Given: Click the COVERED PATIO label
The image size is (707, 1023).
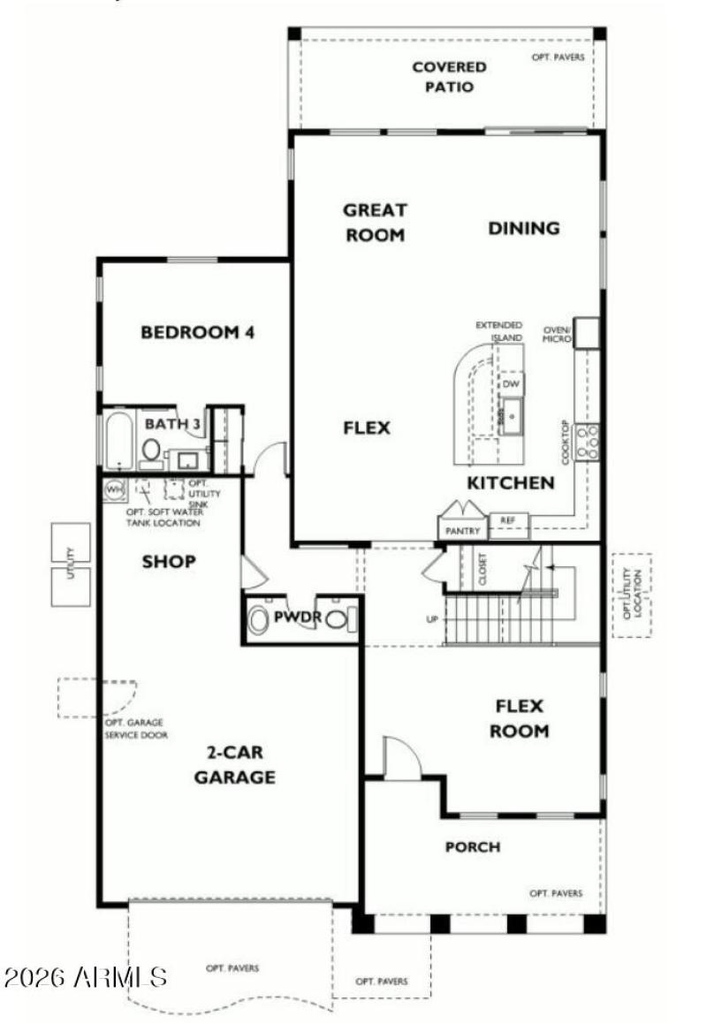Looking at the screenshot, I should [449, 77].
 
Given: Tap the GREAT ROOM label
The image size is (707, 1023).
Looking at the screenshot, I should [375, 223].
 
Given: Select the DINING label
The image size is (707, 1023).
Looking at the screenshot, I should [524, 228].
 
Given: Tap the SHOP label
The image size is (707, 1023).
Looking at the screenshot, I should [169, 562].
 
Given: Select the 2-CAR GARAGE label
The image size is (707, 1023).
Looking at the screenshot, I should [234, 765].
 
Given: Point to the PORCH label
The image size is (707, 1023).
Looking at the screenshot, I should [472, 847].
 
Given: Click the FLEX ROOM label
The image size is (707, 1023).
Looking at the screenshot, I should [521, 718].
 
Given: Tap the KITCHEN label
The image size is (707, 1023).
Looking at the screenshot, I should [511, 483].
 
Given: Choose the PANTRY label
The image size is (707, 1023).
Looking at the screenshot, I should [463, 531].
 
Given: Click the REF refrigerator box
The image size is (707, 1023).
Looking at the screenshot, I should [508, 521].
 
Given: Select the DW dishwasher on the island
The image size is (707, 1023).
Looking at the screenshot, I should [511, 384].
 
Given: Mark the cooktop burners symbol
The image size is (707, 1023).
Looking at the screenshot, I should [588, 441].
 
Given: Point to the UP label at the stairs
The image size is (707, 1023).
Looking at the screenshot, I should [432, 618].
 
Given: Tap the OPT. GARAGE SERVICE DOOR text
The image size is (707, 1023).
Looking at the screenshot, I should [136, 729].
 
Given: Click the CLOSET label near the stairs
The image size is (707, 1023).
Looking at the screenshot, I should [483, 571].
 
